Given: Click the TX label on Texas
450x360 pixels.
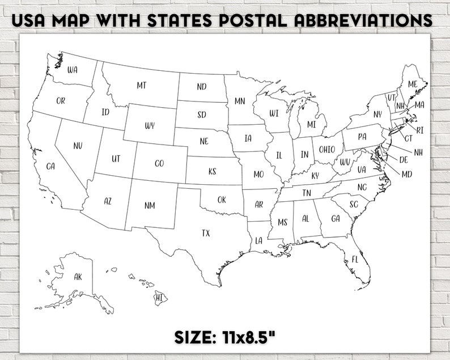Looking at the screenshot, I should (206, 233).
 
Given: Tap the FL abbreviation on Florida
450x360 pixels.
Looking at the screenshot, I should (355, 259).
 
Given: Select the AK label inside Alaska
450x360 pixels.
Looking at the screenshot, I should (78, 277).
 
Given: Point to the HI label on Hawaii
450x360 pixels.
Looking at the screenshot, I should (159, 297).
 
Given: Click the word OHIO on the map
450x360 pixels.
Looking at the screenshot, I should (326, 150).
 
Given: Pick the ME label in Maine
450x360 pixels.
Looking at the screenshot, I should (413, 84).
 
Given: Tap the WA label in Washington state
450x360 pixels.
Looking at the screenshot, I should (73, 70).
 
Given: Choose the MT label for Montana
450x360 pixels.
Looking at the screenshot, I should (141, 85).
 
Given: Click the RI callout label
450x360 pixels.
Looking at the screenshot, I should (420, 130).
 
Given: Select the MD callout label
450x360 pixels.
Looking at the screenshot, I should (406, 174).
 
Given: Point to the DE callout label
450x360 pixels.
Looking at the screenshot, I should (404, 160).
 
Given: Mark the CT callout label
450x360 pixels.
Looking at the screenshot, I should (408, 138).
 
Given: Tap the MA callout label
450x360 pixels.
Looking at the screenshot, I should (419, 105).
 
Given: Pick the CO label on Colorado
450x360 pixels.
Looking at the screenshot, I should (159, 163).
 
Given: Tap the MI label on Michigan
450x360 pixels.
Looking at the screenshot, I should (312, 124).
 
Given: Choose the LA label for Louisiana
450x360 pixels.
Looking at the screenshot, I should (259, 240).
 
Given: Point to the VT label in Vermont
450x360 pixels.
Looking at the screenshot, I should (391, 98).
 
